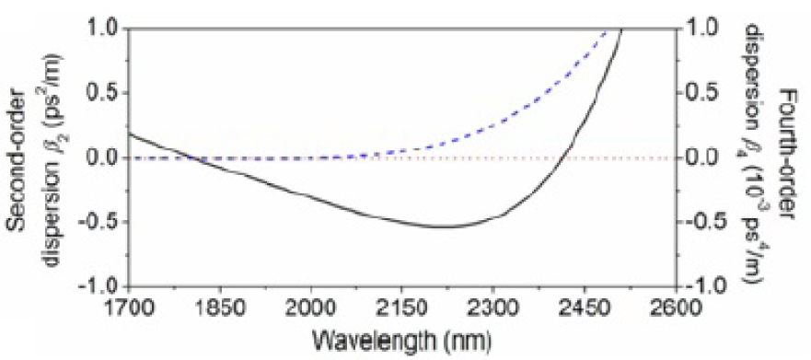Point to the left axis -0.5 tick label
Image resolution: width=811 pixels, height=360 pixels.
click(x=99, y=222)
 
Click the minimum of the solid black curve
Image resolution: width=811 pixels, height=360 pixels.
click(x=442, y=226)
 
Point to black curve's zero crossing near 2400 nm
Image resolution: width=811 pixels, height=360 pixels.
click(x=560, y=157)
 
